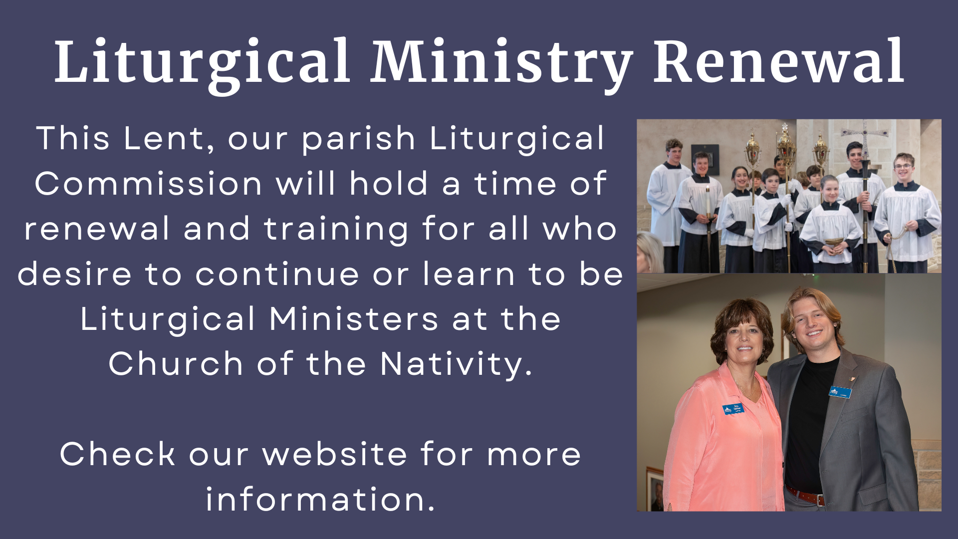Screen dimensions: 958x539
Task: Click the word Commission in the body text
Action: [x=148, y=183]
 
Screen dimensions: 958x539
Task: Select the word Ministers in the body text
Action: [x=354, y=319]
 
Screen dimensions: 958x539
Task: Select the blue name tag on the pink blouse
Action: [x=733, y=409]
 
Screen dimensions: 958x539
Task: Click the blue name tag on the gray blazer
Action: [x=840, y=392]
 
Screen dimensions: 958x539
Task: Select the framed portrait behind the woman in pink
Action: [x=655, y=490]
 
